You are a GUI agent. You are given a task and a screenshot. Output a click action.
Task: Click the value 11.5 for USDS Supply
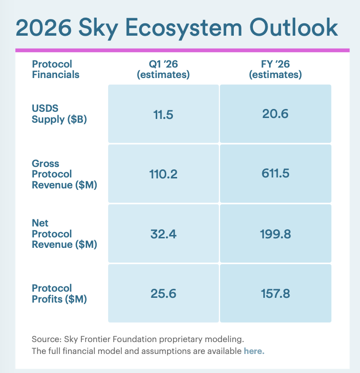163,114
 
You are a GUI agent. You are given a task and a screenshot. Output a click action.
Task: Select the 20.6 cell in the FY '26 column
275,114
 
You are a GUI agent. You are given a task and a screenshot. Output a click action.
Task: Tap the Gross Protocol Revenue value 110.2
163,174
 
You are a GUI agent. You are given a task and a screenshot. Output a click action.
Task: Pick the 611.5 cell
275,174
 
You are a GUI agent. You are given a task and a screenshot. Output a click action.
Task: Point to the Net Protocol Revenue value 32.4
163,234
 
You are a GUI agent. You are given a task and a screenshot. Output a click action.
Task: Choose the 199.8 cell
275,234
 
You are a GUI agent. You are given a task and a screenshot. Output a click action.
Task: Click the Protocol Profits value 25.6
163,294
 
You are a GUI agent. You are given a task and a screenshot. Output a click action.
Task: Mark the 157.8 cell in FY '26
275,294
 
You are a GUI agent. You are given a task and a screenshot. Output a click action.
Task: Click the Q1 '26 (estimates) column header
163,69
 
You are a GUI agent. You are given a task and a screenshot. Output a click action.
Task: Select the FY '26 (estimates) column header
275,69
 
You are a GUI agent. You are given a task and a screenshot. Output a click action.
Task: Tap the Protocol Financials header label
55,69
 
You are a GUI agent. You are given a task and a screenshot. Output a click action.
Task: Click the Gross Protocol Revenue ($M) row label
64,174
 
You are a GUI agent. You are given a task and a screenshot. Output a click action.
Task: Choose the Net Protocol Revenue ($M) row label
64,234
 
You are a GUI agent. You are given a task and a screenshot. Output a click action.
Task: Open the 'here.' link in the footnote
254,351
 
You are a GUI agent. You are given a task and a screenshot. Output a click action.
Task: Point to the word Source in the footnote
44,339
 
